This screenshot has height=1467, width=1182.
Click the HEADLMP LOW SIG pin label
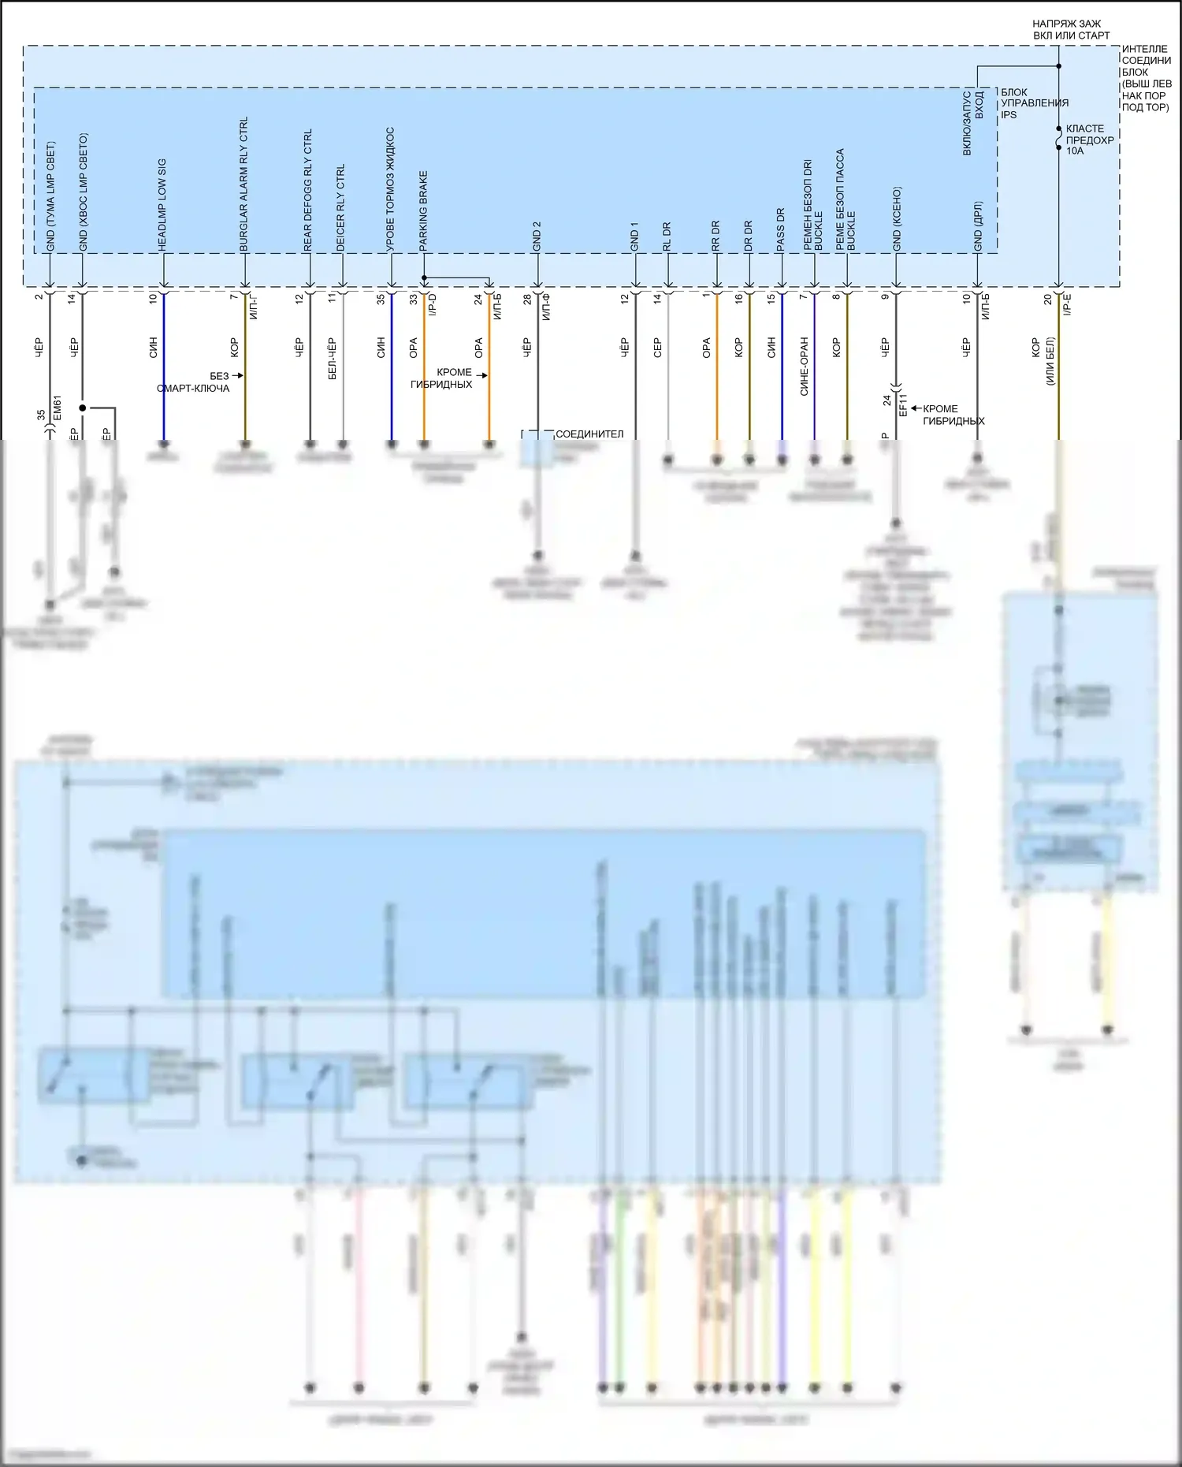pyautogui.click(x=162, y=205)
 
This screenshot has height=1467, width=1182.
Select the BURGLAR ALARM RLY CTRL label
pyautogui.click(x=243, y=184)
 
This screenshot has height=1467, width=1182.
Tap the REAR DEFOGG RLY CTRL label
pyautogui.click(x=308, y=190)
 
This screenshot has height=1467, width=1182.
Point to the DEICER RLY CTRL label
pyautogui.click(x=340, y=208)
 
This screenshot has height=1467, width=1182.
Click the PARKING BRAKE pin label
pyautogui.click(x=423, y=211)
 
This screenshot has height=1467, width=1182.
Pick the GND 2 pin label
pyautogui.click(x=537, y=236)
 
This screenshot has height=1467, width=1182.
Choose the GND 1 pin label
pyautogui.click(x=634, y=236)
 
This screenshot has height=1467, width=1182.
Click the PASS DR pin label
pyautogui.click(x=781, y=230)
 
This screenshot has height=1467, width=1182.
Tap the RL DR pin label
pyautogui.click(x=667, y=236)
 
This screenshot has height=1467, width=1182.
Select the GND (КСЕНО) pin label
pyautogui.click(x=897, y=219)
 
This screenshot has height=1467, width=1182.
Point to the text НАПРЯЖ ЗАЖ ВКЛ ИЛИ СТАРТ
pyautogui.click(x=1070, y=30)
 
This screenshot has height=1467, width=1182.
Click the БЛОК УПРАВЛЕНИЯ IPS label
pyautogui.click(x=1034, y=103)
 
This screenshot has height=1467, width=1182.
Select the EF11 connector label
pyautogui.click(x=903, y=405)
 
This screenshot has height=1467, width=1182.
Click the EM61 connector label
pyautogui.click(x=57, y=408)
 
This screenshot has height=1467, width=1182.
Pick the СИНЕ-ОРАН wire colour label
pyautogui.click(x=805, y=367)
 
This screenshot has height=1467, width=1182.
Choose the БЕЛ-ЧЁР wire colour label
pyautogui.click(x=333, y=359)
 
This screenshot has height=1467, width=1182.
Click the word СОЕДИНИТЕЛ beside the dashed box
pyautogui.click(x=589, y=434)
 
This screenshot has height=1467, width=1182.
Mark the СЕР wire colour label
pyautogui.click(x=658, y=348)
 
